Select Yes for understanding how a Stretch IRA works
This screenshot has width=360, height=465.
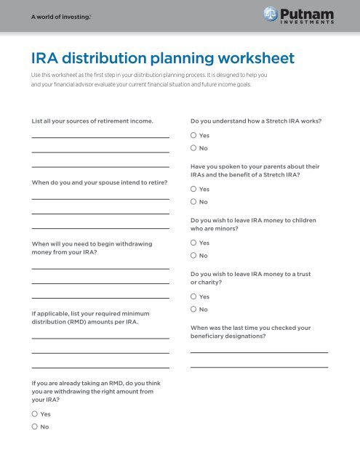pos(193,136)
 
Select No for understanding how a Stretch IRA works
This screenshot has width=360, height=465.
pos(193,148)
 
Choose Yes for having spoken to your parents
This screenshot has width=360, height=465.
pos(193,189)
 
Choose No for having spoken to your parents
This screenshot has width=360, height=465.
pos(193,201)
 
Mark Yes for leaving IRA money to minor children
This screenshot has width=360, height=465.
pos(193,243)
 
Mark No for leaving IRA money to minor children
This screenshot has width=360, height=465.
pos(193,255)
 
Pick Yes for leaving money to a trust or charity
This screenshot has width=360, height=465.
pos(193,296)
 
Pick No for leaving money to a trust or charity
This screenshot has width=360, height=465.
pos(193,309)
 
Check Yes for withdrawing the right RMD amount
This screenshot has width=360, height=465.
pos(34,414)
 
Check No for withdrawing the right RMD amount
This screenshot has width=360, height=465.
pos(34,426)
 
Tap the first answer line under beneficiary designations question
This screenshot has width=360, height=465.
pos(259,352)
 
